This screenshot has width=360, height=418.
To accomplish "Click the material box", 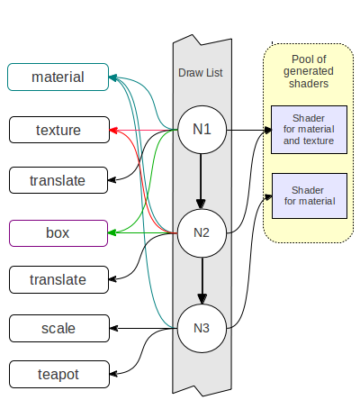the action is pos(58,77).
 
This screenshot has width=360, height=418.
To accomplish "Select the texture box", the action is pos(59,130).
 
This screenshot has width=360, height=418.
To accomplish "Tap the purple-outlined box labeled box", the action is pos(58,233).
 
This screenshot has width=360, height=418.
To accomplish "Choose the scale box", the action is pos(59,328).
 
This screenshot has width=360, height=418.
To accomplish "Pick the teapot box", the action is pos(59,374).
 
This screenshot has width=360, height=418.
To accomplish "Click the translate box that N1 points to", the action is pos(58,180).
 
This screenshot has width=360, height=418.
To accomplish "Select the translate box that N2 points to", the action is pos(58,279).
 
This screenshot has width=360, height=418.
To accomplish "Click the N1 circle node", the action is pos(202,130).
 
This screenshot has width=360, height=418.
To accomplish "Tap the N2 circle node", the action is pos(202,233).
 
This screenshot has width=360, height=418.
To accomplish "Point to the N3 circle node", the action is pos(202,328).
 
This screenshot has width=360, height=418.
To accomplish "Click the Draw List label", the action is pos(201,73).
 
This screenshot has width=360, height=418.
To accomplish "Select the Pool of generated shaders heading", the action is pos(309,71).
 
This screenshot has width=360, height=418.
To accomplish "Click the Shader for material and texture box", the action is pos(309,130).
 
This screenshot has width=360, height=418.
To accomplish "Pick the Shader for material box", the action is pos(310,195).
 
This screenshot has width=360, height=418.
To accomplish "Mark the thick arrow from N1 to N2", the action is pos(201,181).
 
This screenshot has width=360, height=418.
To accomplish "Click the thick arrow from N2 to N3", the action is pos(202,281).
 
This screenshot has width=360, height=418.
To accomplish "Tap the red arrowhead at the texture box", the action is pos(113,131).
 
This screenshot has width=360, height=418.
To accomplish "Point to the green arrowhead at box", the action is pos(112,232).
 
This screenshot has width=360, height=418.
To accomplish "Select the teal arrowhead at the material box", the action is pos(112,78).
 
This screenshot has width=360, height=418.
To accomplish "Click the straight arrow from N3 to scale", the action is pos(144,328).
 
